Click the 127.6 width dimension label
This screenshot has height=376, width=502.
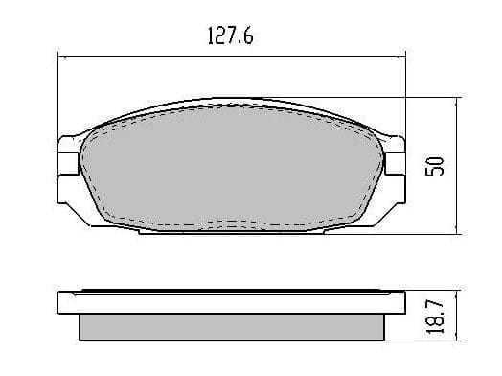231,35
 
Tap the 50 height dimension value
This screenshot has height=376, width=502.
435,166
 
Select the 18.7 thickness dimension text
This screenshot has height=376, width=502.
435,317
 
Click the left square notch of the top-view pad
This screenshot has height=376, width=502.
68,163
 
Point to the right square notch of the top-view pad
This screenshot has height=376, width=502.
395,163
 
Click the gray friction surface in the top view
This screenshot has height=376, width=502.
231,167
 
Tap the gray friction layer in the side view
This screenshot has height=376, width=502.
232,327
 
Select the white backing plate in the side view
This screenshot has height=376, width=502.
231,302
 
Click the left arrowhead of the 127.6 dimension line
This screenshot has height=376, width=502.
63,58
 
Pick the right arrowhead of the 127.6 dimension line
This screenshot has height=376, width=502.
400,58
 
